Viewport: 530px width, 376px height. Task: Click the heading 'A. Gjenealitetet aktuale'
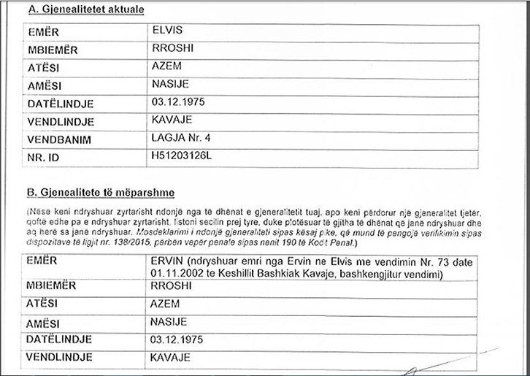pyautogui.click(x=84, y=10)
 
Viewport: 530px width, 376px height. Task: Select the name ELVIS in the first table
pyautogui.click(x=164, y=33)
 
